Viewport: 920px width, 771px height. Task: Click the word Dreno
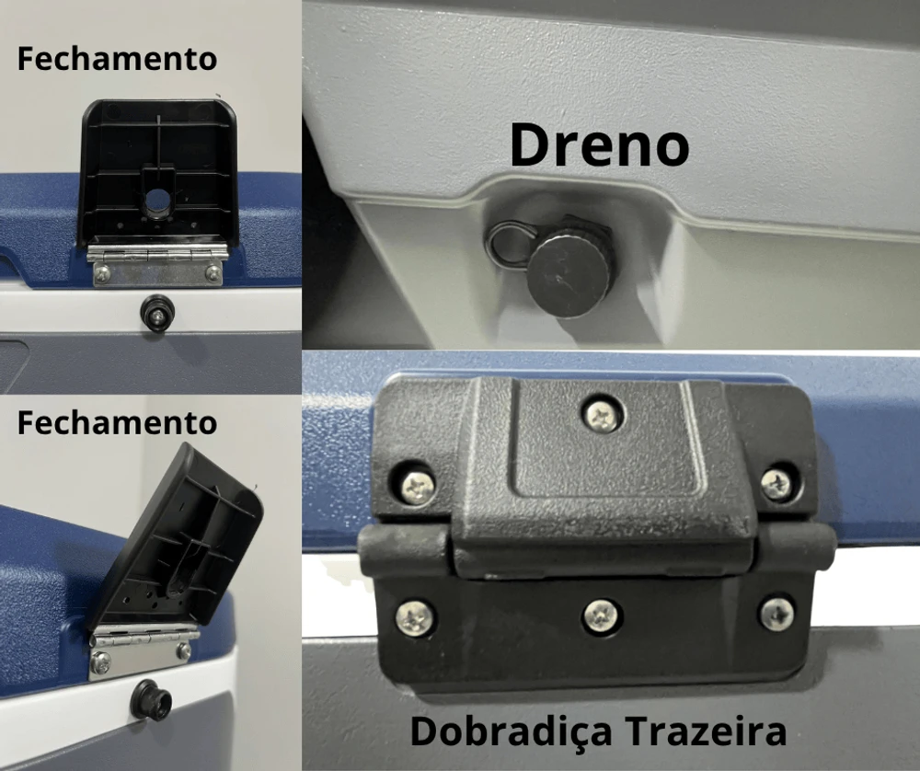coord(599,145)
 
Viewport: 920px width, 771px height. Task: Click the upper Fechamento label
coord(118,59)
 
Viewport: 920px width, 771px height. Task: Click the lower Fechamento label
coord(118,422)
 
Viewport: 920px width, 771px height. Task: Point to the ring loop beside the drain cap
coord(506,242)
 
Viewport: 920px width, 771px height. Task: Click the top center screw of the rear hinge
coord(604,414)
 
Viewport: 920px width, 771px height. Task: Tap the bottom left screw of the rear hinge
coord(415,617)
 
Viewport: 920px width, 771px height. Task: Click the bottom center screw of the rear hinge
coord(602,616)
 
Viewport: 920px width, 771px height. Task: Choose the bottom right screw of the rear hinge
coord(777,613)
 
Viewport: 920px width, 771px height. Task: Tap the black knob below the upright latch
coord(155,314)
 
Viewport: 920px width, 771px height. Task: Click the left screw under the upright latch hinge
coord(101,272)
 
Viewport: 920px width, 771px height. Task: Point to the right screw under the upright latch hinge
coord(213,272)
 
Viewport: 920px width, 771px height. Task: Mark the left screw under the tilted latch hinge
coord(100,662)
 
